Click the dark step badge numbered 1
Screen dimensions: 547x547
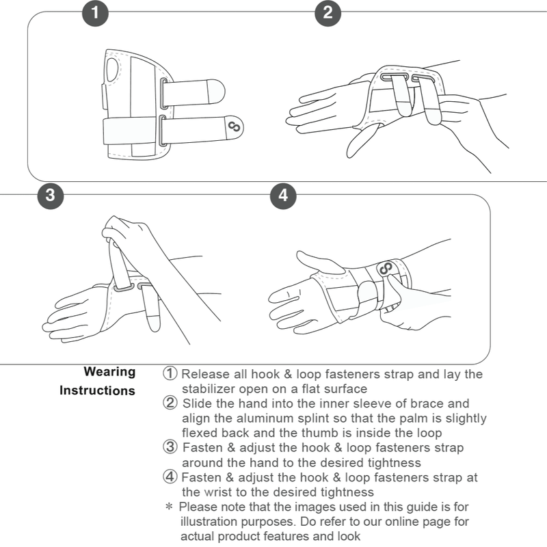(95, 13)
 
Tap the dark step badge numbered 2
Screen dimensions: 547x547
(328, 13)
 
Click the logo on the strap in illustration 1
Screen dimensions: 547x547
(233, 126)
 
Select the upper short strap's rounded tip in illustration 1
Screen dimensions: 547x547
(217, 90)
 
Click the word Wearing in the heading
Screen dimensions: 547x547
(109, 372)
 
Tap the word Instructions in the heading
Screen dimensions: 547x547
(97, 391)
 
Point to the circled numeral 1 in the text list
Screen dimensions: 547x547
(170, 374)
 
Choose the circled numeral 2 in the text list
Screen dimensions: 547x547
(170, 403)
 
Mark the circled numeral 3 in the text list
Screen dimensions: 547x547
(170, 447)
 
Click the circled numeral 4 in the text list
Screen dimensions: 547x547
(170, 477)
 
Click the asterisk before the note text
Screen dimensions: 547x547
(169, 507)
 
